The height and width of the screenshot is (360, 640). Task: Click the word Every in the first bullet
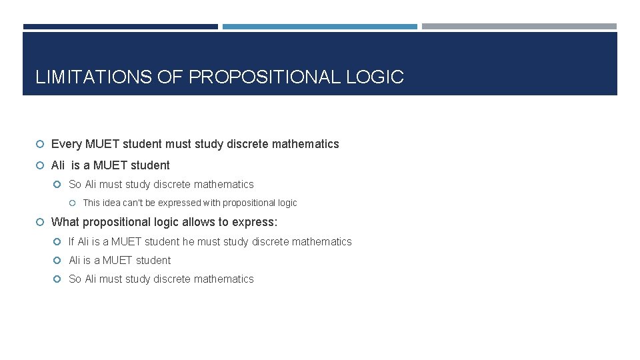point(67,144)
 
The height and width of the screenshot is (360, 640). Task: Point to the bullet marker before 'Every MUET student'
point(40,145)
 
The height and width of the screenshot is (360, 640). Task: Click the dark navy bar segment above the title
point(120,27)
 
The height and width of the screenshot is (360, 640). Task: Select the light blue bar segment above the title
point(319,27)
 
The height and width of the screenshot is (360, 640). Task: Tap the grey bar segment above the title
point(519,27)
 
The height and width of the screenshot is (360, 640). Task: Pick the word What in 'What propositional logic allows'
point(65,222)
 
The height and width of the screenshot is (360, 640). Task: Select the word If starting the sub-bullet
point(72,242)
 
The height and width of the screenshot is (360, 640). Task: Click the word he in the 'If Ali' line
point(188,242)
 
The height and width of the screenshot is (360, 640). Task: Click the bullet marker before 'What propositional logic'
point(40,223)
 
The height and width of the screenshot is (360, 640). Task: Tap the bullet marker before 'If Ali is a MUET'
point(59,242)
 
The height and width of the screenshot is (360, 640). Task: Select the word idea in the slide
point(111,203)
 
